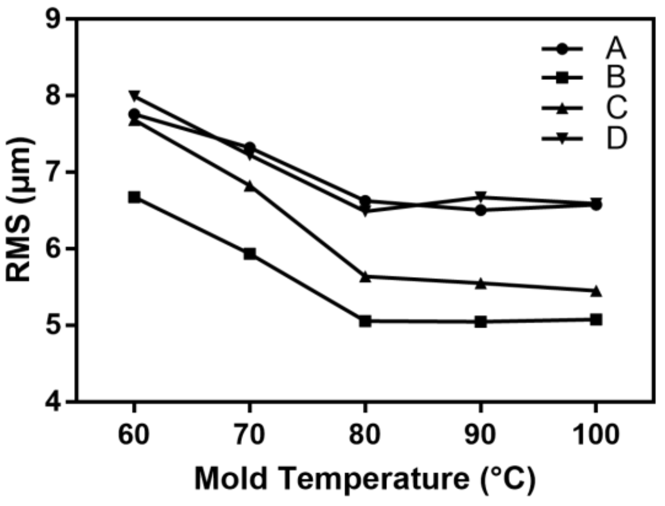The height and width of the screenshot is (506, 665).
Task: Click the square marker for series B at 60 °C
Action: point(134,197)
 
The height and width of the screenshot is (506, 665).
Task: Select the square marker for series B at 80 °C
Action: point(365,321)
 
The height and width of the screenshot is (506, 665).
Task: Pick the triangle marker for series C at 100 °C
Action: point(596,291)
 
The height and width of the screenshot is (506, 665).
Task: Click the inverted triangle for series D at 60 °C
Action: point(134,95)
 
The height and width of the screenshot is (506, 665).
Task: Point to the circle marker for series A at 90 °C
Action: point(481,210)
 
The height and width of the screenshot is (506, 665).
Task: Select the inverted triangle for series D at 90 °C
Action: point(481,196)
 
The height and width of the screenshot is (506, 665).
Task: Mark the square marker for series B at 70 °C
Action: point(250,254)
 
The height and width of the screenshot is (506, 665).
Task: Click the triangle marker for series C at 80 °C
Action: point(365,277)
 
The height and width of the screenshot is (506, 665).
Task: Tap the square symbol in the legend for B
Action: point(562,78)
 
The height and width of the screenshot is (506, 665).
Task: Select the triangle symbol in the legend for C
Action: point(562,108)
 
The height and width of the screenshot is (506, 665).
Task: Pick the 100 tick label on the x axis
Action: point(596,435)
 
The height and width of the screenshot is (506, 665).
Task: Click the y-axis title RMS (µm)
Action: point(19,210)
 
